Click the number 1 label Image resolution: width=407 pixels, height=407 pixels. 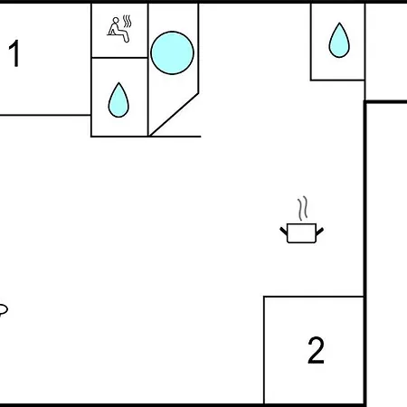click(14, 53)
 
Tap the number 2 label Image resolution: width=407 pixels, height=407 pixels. click(316, 350)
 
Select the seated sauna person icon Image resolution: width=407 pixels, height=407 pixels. click(118, 30)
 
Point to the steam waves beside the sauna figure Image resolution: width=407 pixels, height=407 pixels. click(128, 21)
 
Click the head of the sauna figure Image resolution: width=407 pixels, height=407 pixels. click(116, 20)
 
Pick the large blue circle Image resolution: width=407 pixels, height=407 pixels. click(172, 52)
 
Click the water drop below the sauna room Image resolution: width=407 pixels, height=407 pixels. click(118, 100)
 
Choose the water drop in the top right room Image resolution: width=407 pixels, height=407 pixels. click(339, 41)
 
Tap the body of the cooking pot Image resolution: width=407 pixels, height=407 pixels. click(301, 233)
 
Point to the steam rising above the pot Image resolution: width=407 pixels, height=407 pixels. click(303, 208)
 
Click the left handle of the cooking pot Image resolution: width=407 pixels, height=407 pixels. click(284, 232)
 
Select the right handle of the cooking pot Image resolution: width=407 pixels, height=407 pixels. click(319, 232)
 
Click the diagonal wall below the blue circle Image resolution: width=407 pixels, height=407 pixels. click(174, 115)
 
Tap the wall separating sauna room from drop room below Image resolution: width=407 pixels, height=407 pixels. click(119, 57)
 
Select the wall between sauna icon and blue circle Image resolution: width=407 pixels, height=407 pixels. click(148, 30)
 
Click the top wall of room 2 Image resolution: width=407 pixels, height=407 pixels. click(314, 297)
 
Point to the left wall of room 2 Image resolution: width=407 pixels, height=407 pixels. click(264, 350)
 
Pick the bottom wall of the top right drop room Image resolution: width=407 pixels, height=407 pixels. click(337, 80)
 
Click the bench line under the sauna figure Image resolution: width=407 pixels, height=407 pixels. click(115, 35)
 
